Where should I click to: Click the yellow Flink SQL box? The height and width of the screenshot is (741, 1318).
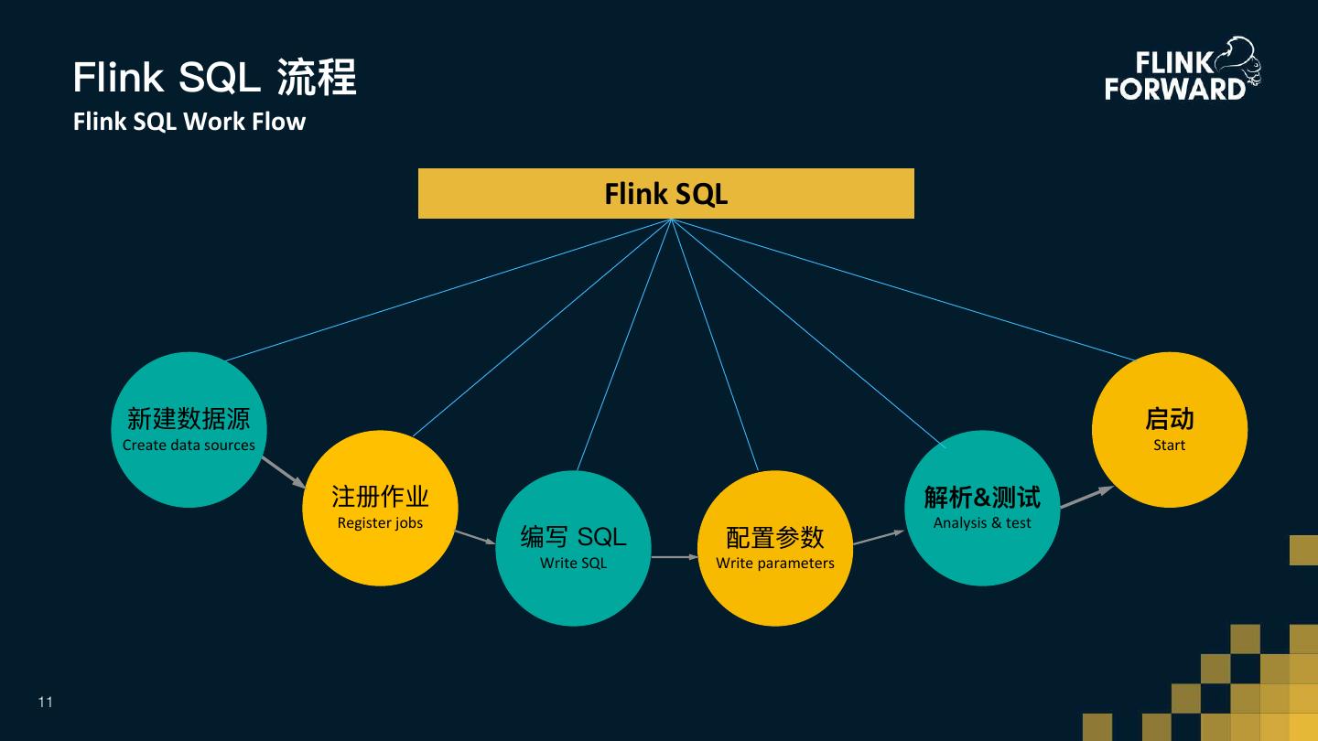tap(665, 193)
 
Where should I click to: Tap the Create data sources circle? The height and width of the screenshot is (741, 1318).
tap(189, 430)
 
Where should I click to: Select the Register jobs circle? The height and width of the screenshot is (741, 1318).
tap(380, 508)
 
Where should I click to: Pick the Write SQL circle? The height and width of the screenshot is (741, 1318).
tap(573, 548)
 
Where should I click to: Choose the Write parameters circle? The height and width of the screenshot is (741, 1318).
tap(774, 548)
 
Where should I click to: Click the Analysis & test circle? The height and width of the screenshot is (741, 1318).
tap(982, 508)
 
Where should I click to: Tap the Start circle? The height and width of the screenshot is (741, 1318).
tap(1169, 430)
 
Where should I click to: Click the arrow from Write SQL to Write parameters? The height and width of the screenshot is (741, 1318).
tap(675, 556)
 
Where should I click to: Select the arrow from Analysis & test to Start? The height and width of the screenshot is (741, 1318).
tap(1086, 497)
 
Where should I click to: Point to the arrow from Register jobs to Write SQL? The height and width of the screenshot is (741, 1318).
tap(475, 537)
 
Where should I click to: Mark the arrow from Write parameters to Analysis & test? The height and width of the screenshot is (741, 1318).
tap(879, 537)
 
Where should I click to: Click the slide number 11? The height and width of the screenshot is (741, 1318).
tap(46, 703)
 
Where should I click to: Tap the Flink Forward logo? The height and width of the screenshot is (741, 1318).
tap(1182, 70)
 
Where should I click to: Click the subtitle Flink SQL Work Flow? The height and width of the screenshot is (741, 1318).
tap(189, 122)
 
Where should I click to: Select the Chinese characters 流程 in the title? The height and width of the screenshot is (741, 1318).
tap(317, 77)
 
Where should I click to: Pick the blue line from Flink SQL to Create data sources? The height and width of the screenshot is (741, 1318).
tap(448, 290)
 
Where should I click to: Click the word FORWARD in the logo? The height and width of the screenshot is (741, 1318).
tap(1175, 89)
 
